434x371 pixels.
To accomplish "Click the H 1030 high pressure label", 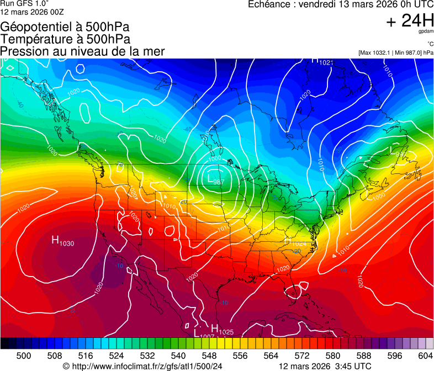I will click(63, 241).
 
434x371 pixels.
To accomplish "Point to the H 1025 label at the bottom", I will click(223, 330).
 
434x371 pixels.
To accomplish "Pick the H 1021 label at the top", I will click(322, 62).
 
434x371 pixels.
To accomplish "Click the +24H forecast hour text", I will click(409, 21).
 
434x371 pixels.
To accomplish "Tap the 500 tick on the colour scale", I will click(24, 356).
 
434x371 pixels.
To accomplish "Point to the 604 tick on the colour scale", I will click(425, 356).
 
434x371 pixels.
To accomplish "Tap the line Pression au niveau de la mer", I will click(82, 51).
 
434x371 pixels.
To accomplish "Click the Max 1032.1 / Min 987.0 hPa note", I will click(395, 52).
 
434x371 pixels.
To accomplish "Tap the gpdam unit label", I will click(426, 32).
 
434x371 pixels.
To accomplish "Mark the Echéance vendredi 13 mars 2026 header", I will click(341, 4).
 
